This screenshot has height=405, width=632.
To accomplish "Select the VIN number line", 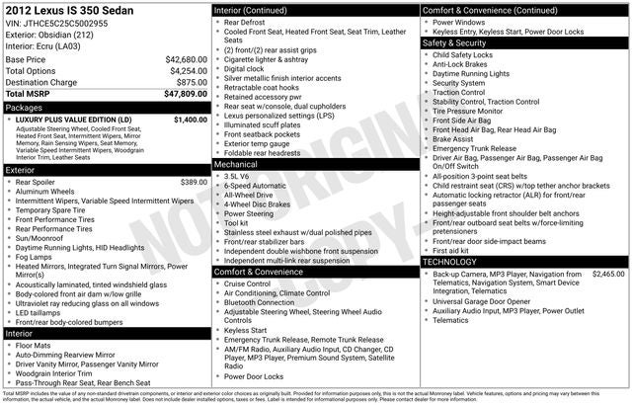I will tap(56, 24).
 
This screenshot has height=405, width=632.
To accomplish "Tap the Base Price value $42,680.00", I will tap(186, 59).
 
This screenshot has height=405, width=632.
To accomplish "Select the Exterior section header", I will tap(21, 170).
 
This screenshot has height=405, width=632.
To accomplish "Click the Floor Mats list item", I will tap(35, 346).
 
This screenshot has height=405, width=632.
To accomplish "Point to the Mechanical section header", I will tap(236, 165).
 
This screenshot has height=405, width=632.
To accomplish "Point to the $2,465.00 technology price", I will tap(608, 273).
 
